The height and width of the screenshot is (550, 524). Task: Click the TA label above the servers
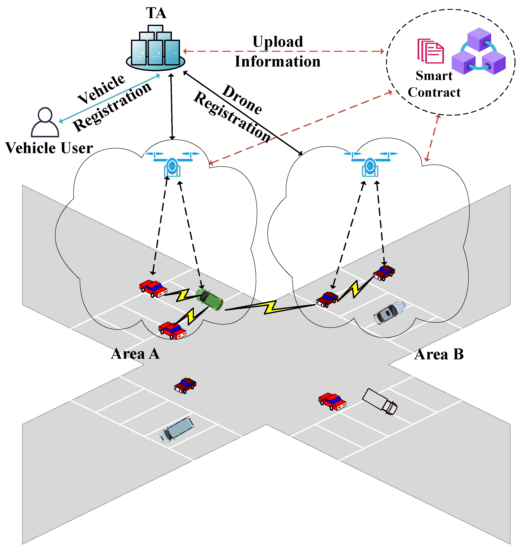click(x=156, y=13)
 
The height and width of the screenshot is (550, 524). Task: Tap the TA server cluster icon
click(x=155, y=49)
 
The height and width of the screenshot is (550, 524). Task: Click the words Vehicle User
click(x=49, y=148)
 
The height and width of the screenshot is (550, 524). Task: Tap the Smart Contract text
click(x=434, y=84)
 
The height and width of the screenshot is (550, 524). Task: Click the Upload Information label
click(x=278, y=51)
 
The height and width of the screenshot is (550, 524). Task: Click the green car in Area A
click(x=209, y=299)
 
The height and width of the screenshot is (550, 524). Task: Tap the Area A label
click(x=135, y=354)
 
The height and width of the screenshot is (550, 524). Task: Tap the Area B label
click(x=439, y=354)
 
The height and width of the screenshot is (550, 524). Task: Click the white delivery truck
click(x=380, y=401)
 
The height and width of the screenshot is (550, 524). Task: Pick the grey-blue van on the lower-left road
click(x=177, y=429)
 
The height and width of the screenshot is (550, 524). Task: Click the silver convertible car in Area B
click(x=389, y=312)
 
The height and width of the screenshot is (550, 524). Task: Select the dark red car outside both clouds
click(x=185, y=386)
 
